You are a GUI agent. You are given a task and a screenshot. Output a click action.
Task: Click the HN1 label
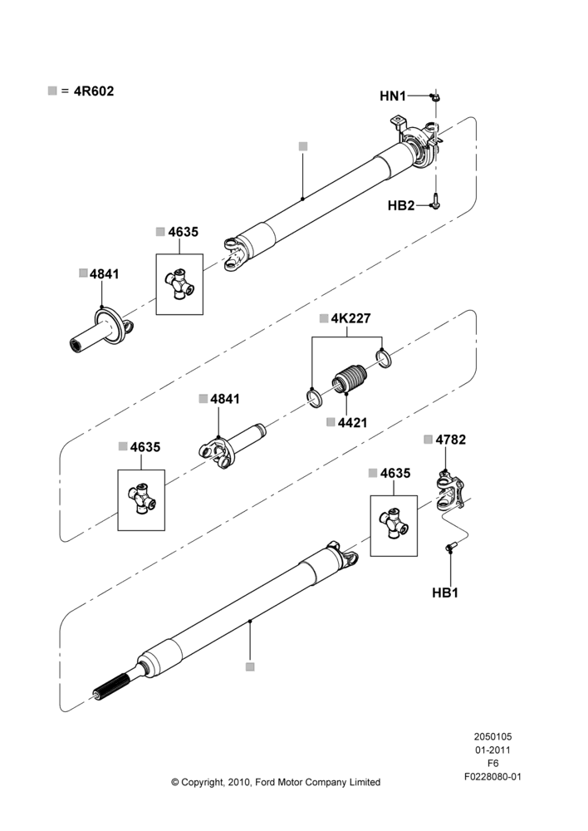[x=393, y=96]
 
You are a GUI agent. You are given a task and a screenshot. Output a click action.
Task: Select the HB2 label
[x=401, y=205]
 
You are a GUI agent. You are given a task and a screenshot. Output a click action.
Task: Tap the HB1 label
[x=445, y=593]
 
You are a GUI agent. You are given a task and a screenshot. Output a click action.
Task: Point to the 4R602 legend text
[x=93, y=91]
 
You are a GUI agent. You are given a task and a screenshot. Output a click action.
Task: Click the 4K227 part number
[x=350, y=318]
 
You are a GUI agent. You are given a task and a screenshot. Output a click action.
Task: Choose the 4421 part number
[x=352, y=422]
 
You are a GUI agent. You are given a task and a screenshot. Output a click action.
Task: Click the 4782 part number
[x=451, y=440]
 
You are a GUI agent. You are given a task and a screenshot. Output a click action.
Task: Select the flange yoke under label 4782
[x=450, y=492]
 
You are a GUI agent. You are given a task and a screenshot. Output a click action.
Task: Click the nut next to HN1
[x=435, y=97]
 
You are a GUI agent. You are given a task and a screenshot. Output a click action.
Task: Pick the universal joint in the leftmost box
[x=141, y=498]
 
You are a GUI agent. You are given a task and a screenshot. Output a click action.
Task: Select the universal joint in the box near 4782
[x=394, y=524]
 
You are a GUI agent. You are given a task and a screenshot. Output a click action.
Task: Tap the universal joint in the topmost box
[x=179, y=283]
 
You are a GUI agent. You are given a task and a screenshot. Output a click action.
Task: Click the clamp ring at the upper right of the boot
[x=383, y=357]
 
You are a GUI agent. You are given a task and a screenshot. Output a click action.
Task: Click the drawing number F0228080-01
[x=492, y=777]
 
